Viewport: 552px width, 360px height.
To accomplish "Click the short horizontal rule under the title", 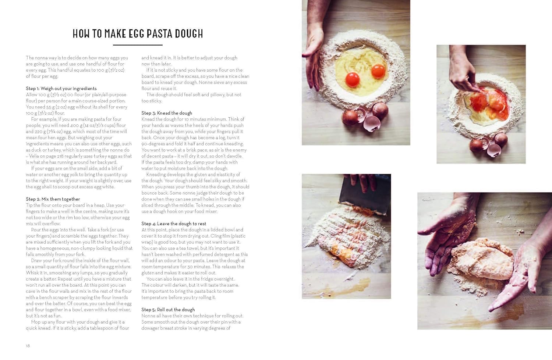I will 138,45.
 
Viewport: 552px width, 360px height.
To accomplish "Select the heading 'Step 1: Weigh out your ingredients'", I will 61,88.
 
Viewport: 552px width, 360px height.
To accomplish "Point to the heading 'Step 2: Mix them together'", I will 53,199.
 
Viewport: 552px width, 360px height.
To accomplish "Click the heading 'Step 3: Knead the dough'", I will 167,113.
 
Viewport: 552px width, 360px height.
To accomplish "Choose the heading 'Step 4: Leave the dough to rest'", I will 174,224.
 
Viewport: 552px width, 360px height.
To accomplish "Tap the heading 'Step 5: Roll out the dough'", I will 168,310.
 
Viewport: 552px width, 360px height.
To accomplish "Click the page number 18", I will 28,346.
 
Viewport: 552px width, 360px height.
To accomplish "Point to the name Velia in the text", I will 34,156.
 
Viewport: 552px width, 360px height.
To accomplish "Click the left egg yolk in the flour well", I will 352,79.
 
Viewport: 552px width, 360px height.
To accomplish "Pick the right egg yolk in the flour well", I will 378,71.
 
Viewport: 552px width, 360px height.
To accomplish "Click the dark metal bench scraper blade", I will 365,196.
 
